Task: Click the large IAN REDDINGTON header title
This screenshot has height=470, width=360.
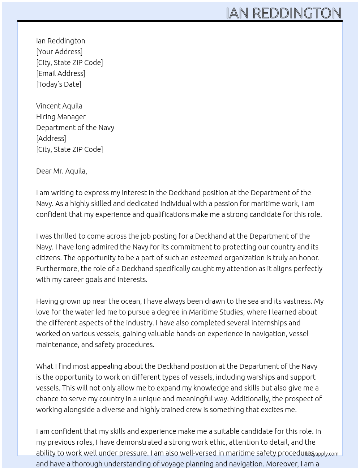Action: click(283, 13)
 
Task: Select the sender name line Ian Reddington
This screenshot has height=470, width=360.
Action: click(61, 41)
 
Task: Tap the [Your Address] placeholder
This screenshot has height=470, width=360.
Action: click(59, 52)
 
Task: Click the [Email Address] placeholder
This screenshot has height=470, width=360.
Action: click(61, 73)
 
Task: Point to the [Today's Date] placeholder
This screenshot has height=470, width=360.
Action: click(59, 84)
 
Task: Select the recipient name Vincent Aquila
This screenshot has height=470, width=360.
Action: click(59, 106)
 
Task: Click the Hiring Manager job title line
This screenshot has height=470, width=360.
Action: click(61, 117)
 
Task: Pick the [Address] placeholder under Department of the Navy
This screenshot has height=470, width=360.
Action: click(51, 138)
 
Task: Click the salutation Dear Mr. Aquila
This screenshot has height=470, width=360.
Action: click(61, 171)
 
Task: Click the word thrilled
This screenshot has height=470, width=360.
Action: click(65, 236)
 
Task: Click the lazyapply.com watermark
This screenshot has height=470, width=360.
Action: click(322, 454)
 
